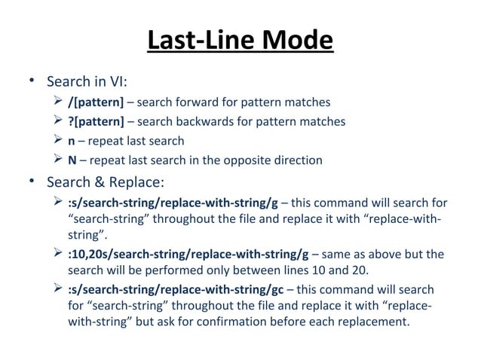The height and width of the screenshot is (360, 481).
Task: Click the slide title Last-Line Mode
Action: coord(240,41)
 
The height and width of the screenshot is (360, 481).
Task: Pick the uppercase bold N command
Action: coord(72,160)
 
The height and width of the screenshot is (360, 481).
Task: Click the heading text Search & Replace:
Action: coord(106,182)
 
